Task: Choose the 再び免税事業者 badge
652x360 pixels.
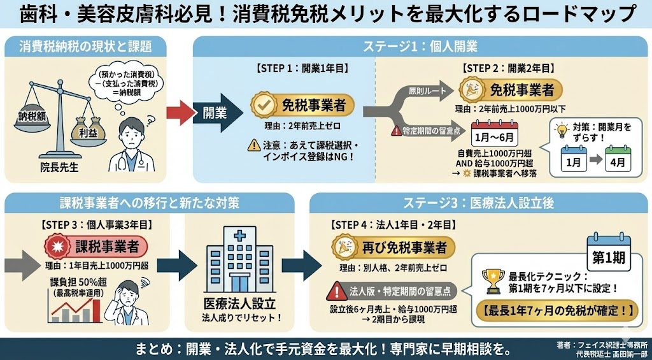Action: click(395, 247)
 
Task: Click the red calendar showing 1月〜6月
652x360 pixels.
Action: click(494, 134)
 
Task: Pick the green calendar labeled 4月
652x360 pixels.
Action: click(618, 159)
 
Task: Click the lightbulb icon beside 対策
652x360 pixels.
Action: click(562, 131)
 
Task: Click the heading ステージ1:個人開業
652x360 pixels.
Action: click(420, 46)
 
